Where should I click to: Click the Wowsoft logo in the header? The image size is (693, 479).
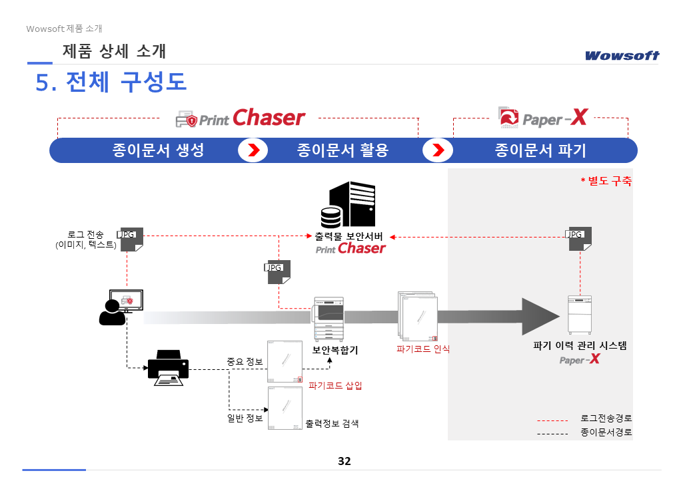(x=622, y=55)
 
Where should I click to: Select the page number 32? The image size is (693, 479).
(x=345, y=461)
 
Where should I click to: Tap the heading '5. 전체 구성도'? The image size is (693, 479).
(x=111, y=82)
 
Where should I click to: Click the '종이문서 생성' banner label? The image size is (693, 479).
(x=158, y=150)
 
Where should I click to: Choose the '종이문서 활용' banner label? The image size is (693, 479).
(x=343, y=150)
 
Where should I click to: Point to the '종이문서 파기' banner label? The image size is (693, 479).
(x=540, y=150)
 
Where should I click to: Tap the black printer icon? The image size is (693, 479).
(x=168, y=367)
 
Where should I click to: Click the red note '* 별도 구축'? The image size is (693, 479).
(x=606, y=180)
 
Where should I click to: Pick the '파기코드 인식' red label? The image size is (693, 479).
(x=422, y=349)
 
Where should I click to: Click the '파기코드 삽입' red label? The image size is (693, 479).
(x=335, y=385)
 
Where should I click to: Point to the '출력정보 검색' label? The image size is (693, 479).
(x=337, y=423)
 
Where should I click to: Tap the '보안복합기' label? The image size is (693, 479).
(x=335, y=350)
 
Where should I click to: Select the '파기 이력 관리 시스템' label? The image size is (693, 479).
(x=580, y=346)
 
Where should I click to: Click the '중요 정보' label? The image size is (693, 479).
(x=245, y=362)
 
